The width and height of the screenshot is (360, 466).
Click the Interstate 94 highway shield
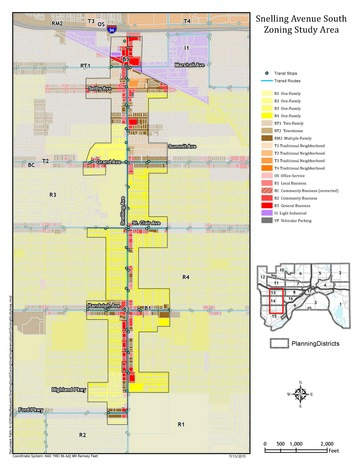point(110,31)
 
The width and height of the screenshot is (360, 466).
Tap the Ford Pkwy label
point(32,409)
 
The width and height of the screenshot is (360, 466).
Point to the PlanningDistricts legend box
point(279,342)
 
